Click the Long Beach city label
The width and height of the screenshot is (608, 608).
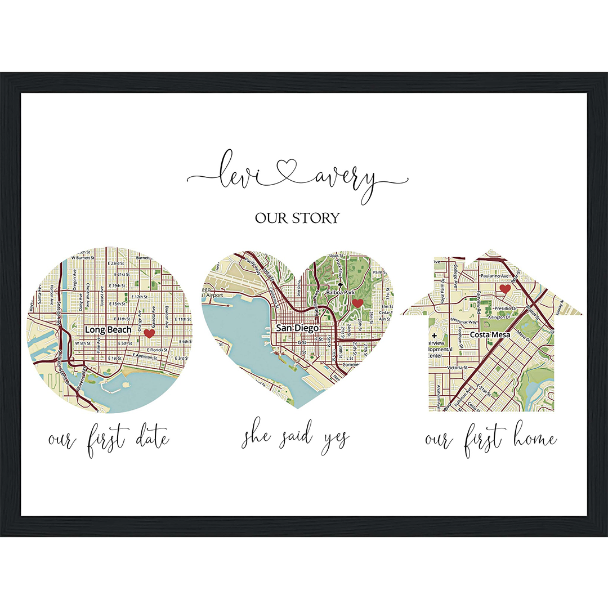pyautogui.click(x=108, y=329)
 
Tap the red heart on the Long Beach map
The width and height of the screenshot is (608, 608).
pyautogui.click(x=149, y=333)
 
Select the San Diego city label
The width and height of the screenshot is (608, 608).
pyautogui.click(x=297, y=327)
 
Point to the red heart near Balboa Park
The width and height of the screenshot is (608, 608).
pyautogui.click(x=357, y=303)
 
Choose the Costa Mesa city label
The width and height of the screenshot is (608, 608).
pyautogui.click(x=491, y=334)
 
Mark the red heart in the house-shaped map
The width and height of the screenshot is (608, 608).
pyautogui.click(x=505, y=289)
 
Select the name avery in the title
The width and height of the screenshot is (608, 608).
pyautogui.click(x=343, y=175)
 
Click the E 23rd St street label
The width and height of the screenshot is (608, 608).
pyautogui.click(x=122, y=263)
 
